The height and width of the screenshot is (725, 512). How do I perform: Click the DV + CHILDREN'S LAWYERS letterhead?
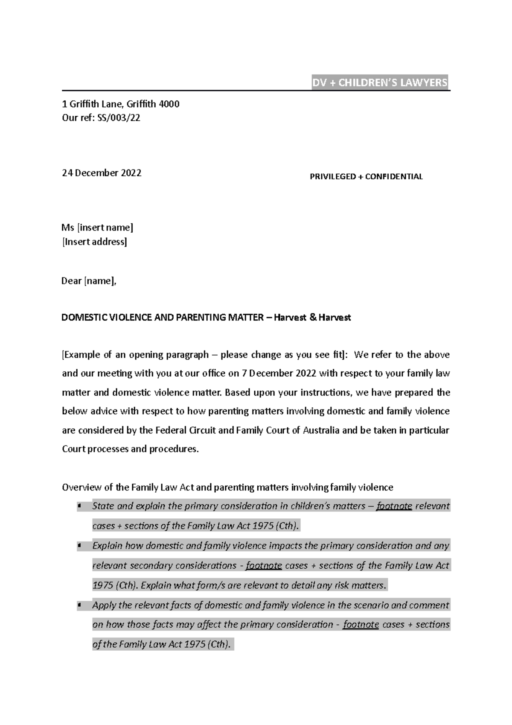(x=379, y=83)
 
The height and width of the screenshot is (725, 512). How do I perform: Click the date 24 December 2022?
(x=102, y=173)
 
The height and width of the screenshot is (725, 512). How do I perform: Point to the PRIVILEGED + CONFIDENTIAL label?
(x=366, y=177)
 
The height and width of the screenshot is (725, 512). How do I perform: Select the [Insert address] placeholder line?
(x=94, y=242)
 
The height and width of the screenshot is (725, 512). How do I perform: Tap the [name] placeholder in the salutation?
(x=100, y=281)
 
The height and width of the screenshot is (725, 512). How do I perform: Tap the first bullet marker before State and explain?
(x=79, y=506)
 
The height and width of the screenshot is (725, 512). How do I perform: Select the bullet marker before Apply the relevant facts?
(x=79, y=605)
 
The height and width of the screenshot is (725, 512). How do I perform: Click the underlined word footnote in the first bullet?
(x=394, y=506)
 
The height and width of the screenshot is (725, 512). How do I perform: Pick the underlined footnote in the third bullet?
(x=361, y=625)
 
